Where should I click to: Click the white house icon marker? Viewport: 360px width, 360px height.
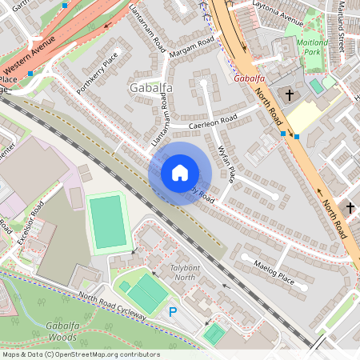(180, 173)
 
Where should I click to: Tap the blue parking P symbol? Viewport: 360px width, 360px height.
(172, 311)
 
